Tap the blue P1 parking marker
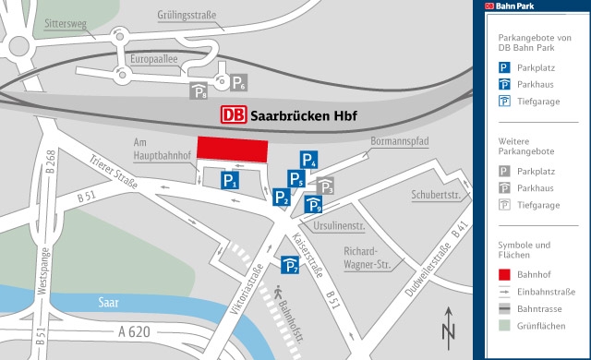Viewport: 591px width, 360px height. pyautogui.click(x=230, y=181)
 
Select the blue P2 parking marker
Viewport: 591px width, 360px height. pyautogui.click(x=283, y=197)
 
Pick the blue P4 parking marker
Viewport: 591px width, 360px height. pyautogui.click(x=308, y=161)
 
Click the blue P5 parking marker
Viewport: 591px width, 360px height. pyautogui.click(x=296, y=179)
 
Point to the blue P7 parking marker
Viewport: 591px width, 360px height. pyautogui.click(x=291, y=267)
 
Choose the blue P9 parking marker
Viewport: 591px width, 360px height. pyautogui.click(x=313, y=206)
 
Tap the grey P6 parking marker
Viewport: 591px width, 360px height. pyautogui.click(x=237, y=84)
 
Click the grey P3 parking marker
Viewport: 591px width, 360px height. pyautogui.click(x=325, y=187)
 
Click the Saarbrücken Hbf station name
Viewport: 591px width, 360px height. pyautogui.click(x=304, y=116)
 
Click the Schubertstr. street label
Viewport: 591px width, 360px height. pyautogui.click(x=436, y=195)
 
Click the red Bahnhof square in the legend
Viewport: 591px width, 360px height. pyautogui.click(x=504, y=275)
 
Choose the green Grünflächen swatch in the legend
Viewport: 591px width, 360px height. pyautogui.click(x=504, y=325)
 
